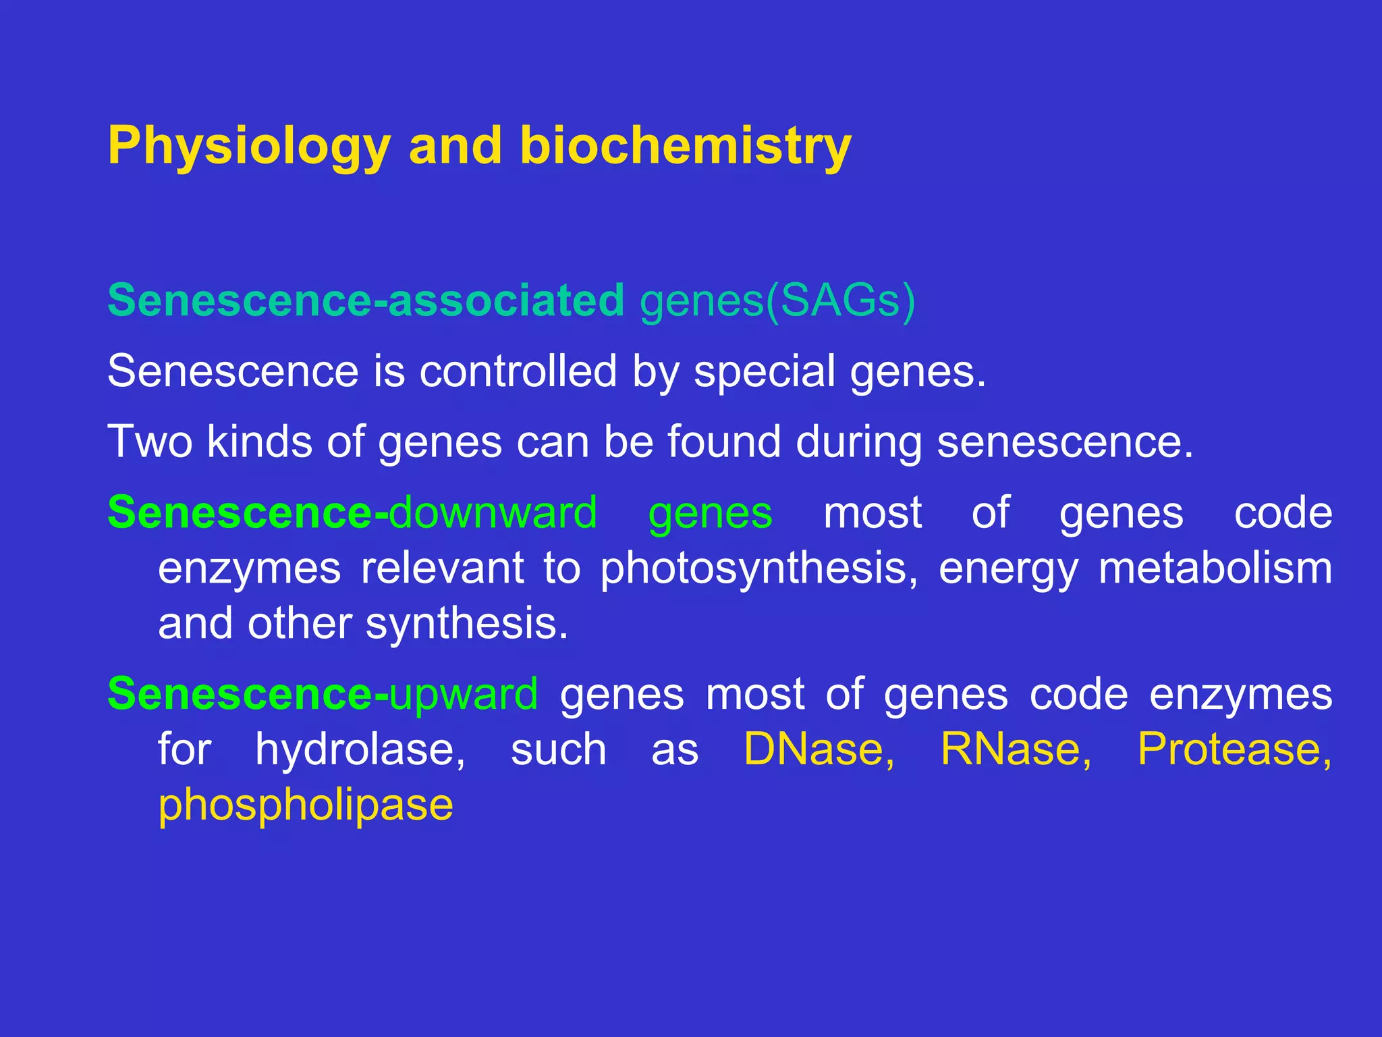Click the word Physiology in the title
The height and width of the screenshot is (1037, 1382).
(x=249, y=147)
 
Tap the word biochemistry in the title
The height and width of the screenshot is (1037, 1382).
(x=685, y=147)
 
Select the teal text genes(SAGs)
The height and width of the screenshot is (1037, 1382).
(x=777, y=300)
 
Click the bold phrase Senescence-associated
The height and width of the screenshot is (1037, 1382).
(x=366, y=300)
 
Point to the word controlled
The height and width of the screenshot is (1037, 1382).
(x=518, y=371)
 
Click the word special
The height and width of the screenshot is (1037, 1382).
(x=765, y=371)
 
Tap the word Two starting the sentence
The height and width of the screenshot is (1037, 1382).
(x=150, y=442)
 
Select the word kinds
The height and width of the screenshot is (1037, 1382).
(x=260, y=442)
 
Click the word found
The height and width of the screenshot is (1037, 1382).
(x=724, y=442)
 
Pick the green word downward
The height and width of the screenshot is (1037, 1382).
(x=493, y=513)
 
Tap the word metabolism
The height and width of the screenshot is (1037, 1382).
(x=1215, y=568)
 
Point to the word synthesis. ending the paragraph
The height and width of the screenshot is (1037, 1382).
(x=467, y=624)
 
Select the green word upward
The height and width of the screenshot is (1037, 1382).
(x=464, y=694)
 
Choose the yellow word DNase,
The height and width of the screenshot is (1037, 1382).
(x=819, y=749)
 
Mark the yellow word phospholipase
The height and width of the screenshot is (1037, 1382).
(x=306, y=805)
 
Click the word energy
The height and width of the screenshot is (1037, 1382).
(x=1008, y=568)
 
